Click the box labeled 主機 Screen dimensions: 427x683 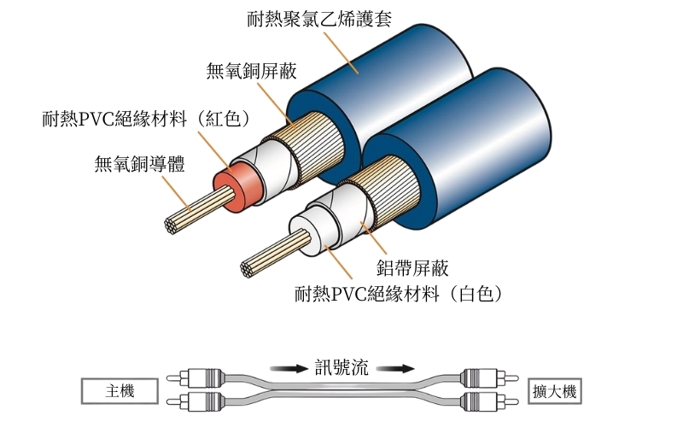click(120, 391)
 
